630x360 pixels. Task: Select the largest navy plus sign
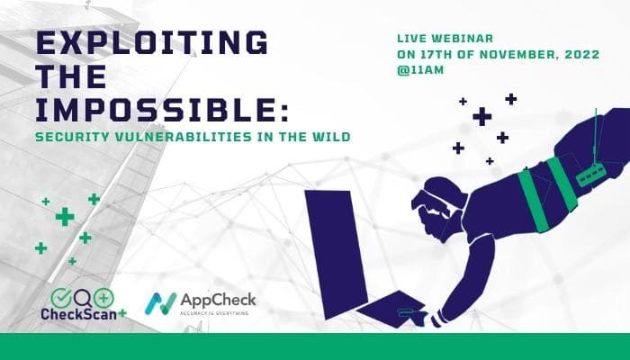point(482,116)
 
